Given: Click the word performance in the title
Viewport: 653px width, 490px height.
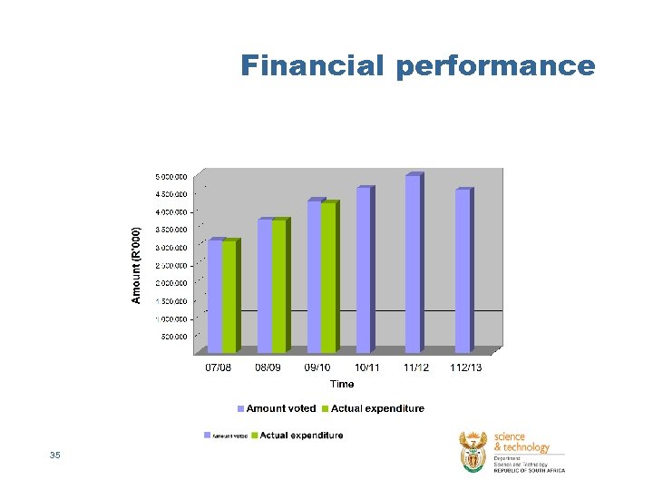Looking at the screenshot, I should [495, 67].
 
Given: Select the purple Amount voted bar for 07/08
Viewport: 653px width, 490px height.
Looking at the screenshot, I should [215, 296].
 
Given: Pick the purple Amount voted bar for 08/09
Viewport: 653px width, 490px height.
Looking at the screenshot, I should [265, 286].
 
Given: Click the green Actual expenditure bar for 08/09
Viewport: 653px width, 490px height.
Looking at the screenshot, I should [279, 286].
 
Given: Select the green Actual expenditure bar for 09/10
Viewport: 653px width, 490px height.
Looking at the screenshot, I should [328, 277].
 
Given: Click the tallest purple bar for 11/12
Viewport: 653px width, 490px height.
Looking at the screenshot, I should [413, 264].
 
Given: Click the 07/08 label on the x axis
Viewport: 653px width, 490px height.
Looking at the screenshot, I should [219, 367].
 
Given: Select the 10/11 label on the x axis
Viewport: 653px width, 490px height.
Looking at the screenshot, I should [367, 367].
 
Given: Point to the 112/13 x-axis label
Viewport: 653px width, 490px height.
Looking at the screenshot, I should [465, 367].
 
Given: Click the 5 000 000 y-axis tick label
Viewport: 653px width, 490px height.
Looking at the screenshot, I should [171, 176].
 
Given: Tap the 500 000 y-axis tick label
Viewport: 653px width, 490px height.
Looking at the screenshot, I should [174, 337].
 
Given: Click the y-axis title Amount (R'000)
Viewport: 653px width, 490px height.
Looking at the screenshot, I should [136, 265].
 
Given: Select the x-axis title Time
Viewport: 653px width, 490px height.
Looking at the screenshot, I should [342, 384].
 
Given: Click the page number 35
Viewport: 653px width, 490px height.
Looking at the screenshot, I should [55, 455].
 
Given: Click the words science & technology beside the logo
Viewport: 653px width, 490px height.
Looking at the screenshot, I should [521, 442].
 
